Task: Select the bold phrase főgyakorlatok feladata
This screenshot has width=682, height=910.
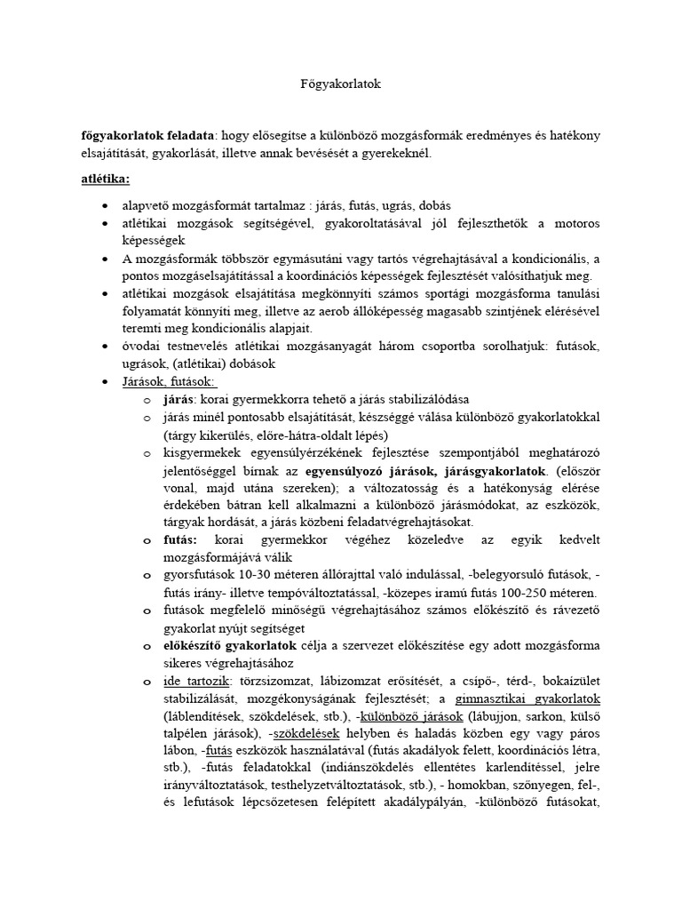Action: point(147,135)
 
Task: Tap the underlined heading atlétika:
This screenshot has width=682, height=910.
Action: point(106,179)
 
